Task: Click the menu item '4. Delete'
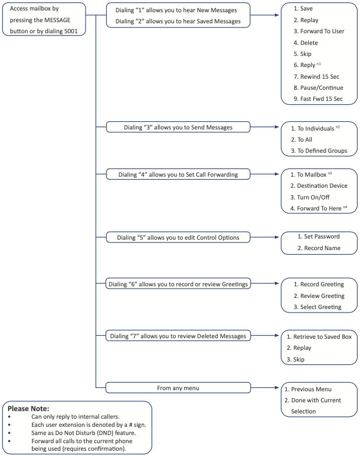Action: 306,43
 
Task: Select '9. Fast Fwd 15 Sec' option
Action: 318,99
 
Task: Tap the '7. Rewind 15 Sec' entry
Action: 316,76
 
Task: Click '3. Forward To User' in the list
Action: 319,31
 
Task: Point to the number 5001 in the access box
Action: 71,31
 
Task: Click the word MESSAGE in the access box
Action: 56,20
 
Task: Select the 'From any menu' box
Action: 178,388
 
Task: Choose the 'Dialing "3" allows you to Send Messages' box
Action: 178,127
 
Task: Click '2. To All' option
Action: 302,139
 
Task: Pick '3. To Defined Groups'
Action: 319,150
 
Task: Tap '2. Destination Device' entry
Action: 319,185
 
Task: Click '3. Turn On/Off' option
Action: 310,197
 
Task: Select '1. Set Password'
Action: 319,236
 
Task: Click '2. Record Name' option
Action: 319,248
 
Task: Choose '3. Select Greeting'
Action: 317,307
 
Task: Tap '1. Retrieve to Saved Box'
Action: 319,336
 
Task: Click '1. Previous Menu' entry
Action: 308,389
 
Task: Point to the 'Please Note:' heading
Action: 29,409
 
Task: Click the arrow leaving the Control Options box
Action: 264,237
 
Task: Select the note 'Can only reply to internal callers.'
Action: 76,416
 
